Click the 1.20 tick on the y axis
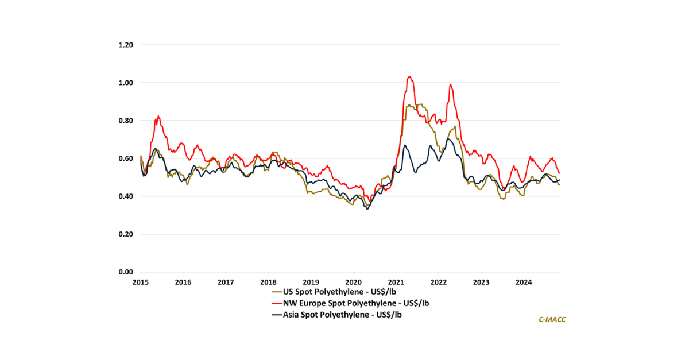pos(125,45)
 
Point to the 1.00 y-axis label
pos(125,83)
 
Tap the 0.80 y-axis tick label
pos(125,121)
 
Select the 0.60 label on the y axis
pos(125,158)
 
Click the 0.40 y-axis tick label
pos(125,196)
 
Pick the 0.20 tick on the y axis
pos(125,234)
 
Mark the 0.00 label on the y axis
pos(125,272)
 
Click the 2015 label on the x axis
pos(141,282)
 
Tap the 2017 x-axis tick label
pos(226,282)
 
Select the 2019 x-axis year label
pos(311,282)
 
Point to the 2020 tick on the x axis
pos(353,282)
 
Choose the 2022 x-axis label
pos(439,282)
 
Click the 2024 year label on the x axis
pos(524,282)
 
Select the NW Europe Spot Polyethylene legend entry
pos(350,303)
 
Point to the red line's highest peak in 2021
pos(409,76)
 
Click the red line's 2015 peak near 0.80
pos(158,116)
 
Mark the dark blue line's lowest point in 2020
pos(367,209)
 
